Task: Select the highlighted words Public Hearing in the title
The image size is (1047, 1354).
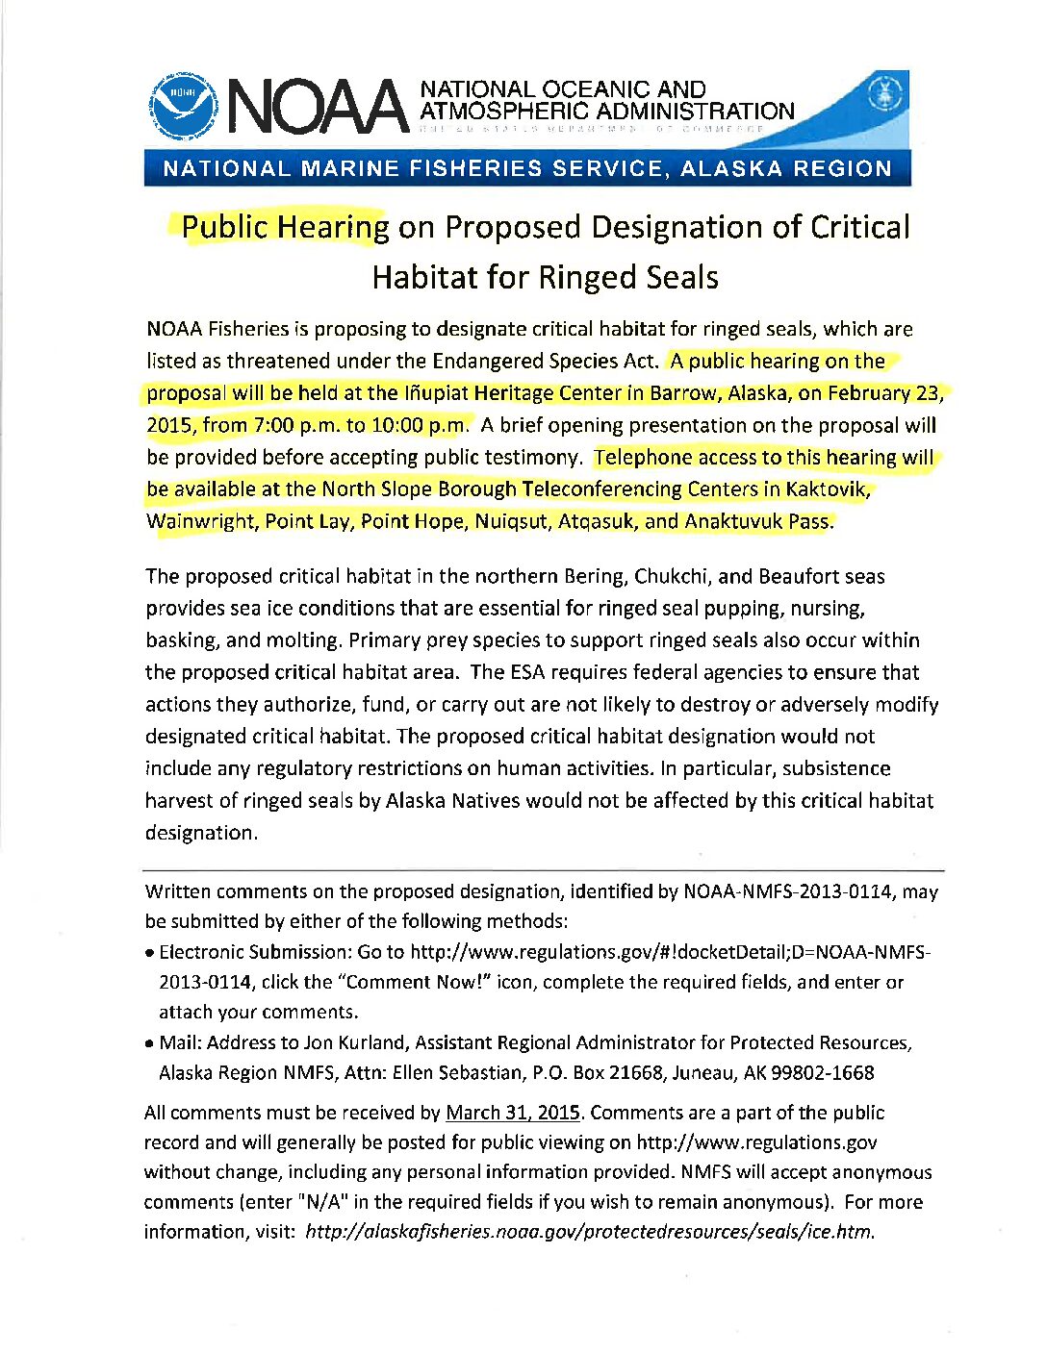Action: coord(285,228)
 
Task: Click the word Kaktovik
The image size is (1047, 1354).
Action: coord(827,489)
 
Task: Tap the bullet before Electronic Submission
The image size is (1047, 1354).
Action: coord(150,953)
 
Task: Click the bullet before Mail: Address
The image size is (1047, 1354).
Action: coord(150,1043)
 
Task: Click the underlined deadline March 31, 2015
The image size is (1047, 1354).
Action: coord(513,1113)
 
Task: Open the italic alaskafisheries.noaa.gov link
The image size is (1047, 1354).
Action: coord(589,1232)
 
